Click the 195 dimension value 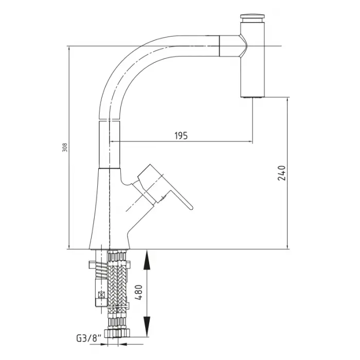click(181, 136)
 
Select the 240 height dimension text click(282, 173)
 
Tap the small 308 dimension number click(65, 148)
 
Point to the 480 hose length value click(139, 292)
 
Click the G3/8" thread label click(88, 338)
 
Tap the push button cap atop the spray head click(253, 17)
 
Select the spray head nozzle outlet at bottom click(253, 98)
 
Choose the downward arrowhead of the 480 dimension click(147, 327)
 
